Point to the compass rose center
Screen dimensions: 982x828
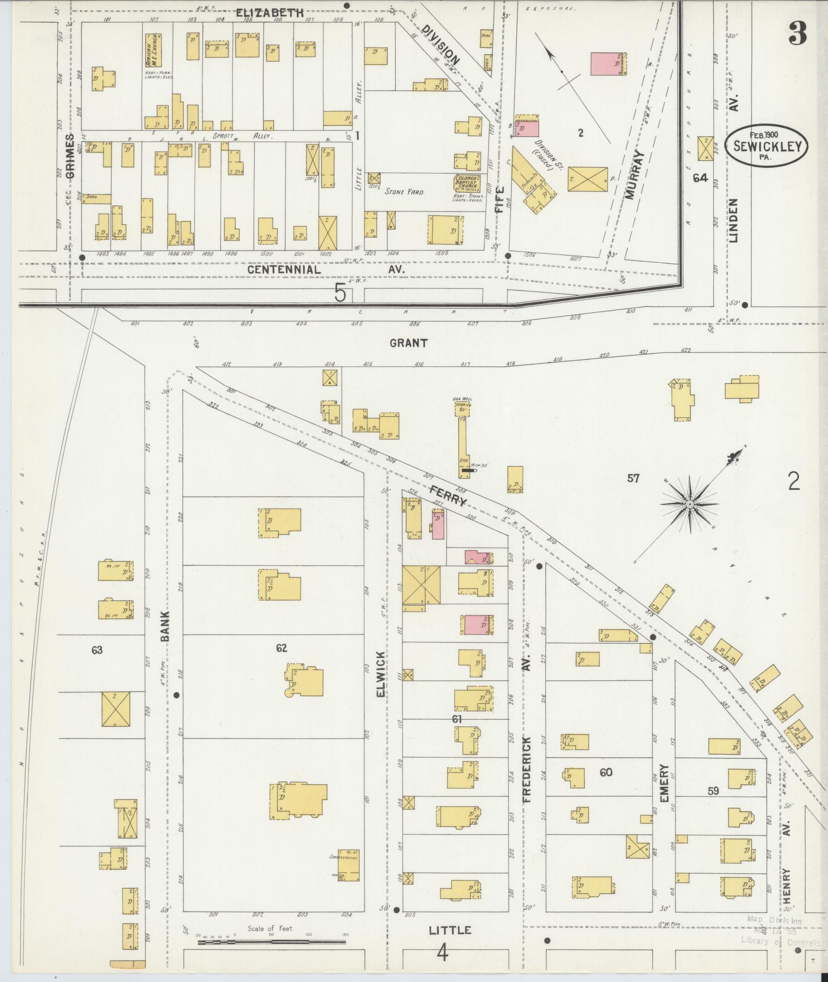pyautogui.click(x=690, y=505)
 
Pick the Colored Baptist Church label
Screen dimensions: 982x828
pyautogui.click(x=466, y=183)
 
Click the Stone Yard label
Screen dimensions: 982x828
pyautogui.click(x=405, y=191)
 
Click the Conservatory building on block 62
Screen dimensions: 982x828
pyautogui.click(x=348, y=865)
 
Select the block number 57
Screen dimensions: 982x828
pyautogui.click(x=633, y=478)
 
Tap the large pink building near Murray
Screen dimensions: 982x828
pyautogui.click(x=609, y=64)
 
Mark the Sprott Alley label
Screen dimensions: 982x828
pyautogui.click(x=246, y=137)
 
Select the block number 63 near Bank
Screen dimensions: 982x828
pyautogui.click(x=97, y=650)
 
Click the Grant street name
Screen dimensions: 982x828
pyautogui.click(x=408, y=343)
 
